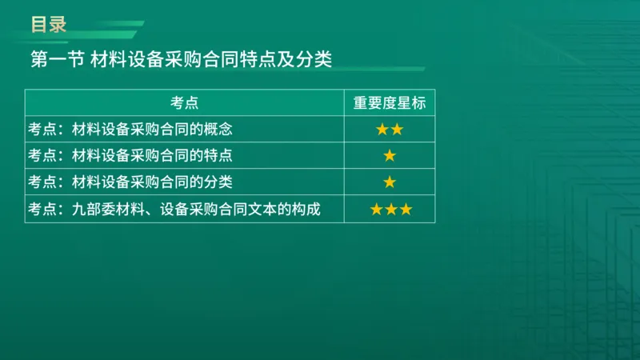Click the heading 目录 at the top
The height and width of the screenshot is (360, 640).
pyautogui.click(x=48, y=24)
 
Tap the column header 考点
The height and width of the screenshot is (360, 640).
pyautogui.click(x=184, y=102)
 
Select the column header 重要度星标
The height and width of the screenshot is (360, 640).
pyautogui.click(x=390, y=102)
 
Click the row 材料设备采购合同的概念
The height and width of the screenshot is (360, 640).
pyautogui.click(x=152, y=129)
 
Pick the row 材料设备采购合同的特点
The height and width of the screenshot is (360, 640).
pyautogui.click(x=152, y=155)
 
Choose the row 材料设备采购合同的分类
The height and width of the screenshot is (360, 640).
pyautogui.click(x=152, y=182)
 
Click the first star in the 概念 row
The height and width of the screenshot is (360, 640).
pyautogui.click(x=382, y=129)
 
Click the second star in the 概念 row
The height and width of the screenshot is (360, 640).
pyautogui.click(x=397, y=129)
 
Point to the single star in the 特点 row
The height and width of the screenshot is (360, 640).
pyautogui.click(x=390, y=155)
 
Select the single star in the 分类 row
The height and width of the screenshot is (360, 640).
pyautogui.click(x=390, y=182)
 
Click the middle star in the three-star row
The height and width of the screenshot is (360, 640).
pyautogui.click(x=390, y=210)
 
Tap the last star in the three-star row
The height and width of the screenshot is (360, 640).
pyautogui.click(x=405, y=210)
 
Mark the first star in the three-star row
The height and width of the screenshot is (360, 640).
pyautogui.click(x=376, y=210)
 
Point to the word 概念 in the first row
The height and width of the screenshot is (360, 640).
pyautogui.click(x=218, y=129)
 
